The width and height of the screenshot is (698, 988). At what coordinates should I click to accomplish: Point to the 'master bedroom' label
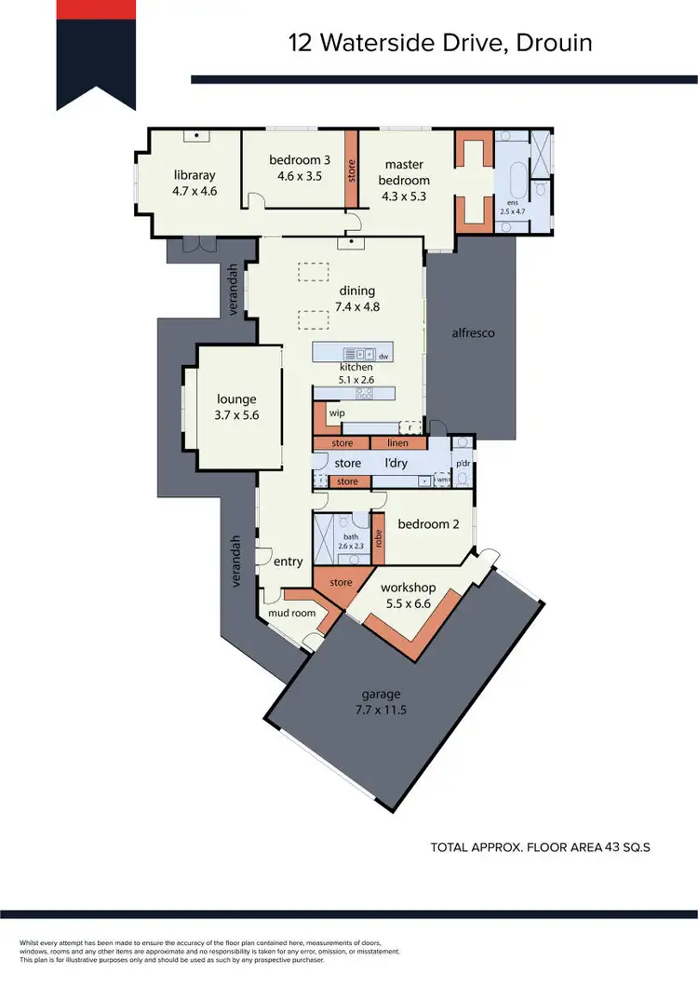tap(405, 172)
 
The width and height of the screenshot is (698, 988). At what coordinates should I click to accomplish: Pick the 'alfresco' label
tap(473, 332)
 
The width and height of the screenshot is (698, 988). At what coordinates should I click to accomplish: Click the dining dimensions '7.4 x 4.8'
tap(358, 305)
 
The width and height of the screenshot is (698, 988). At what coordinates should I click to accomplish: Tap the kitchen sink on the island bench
tap(357, 355)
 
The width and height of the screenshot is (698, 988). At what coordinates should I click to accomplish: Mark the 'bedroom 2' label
tap(428, 524)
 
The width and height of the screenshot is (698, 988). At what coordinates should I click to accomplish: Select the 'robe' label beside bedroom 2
tap(378, 539)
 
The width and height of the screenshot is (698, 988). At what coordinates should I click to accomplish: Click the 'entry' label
tap(289, 562)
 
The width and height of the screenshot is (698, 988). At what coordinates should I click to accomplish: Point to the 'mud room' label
tap(291, 613)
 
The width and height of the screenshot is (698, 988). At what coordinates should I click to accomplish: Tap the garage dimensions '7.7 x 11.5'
tap(382, 710)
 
